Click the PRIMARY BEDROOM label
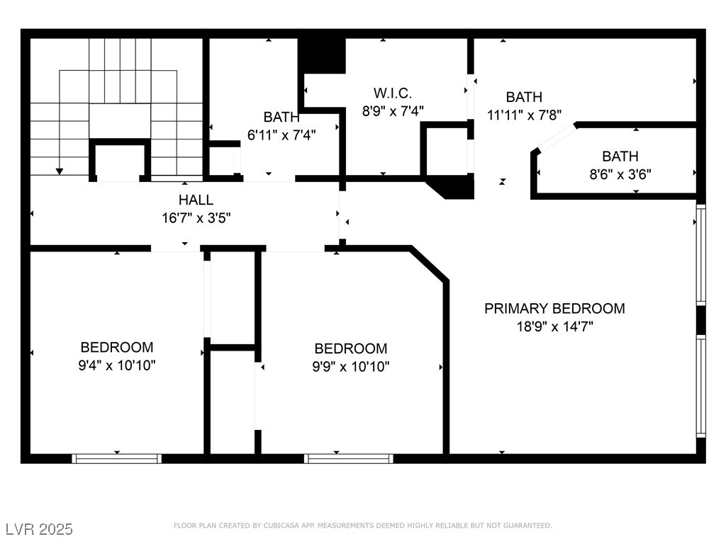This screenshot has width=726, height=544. pos(554,308)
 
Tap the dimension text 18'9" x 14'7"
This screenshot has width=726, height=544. pos(554,327)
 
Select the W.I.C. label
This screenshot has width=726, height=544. pos(392,93)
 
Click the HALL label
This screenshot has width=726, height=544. pos(196,200)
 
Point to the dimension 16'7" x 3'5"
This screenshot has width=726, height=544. pos(196,217)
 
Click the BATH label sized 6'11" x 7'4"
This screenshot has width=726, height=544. pos(281,117)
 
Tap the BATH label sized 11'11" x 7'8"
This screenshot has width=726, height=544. pos(524,97)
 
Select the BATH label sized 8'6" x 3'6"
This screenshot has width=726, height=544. pos(620,156)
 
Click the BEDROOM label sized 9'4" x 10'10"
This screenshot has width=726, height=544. pos(117,347)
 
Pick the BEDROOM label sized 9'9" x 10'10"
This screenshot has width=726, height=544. pos(351,348)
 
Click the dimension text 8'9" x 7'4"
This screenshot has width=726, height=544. pos(392,110)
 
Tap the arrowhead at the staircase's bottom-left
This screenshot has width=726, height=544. pos(60,171)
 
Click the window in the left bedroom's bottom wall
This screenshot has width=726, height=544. pos(117,459)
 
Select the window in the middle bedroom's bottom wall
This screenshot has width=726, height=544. pos(349,459)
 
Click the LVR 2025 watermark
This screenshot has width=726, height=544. pos(39,529)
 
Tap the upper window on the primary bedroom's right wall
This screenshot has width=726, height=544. pos(700,255)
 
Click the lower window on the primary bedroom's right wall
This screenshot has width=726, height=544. pos(700,386)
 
